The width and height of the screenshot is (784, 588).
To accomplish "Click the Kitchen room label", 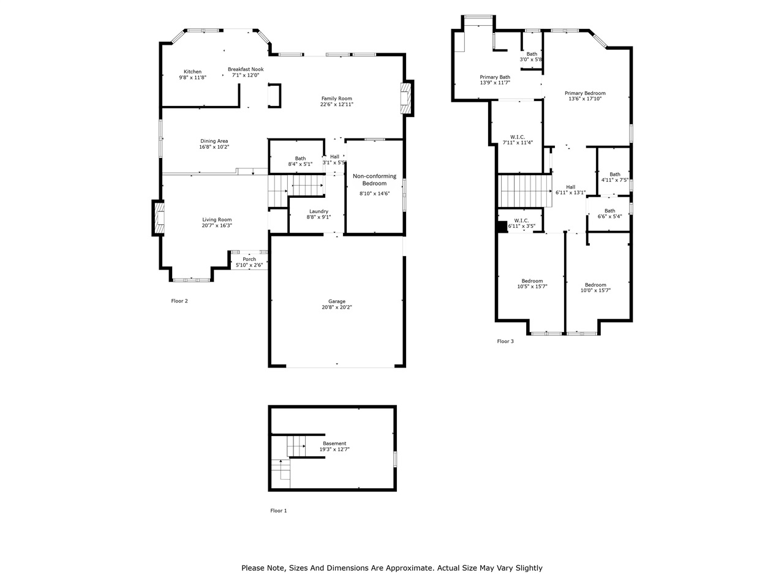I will (x=192, y=72).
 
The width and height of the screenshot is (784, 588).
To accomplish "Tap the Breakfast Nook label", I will (x=246, y=69).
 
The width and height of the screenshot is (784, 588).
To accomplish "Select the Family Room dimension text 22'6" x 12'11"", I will (x=336, y=104).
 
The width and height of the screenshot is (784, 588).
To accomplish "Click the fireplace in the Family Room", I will (x=405, y=98).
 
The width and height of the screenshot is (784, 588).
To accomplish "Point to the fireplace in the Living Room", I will (x=159, y=219).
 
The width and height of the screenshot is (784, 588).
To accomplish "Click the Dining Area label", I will (x=214, y=141).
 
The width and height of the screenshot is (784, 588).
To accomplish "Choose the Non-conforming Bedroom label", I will (x=374, y=179).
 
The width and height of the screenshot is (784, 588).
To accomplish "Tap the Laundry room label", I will (x=318, y=211).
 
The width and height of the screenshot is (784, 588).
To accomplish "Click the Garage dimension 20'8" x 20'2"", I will (x=336, y=307).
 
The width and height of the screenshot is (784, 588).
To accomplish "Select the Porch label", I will (x=249, y=259).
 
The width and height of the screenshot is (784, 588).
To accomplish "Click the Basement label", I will (x=334, y=443).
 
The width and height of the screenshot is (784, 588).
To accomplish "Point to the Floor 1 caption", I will (x=278, y=510).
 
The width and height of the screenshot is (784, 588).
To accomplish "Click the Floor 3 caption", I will (x=505, y=341).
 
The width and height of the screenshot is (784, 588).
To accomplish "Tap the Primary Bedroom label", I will (x=585, y=93).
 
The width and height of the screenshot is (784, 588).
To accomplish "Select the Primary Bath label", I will (x=494, y=77).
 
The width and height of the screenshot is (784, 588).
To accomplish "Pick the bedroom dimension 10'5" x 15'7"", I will (x=532, y=287).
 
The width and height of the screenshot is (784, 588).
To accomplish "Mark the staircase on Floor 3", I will (x=524, y=190).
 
